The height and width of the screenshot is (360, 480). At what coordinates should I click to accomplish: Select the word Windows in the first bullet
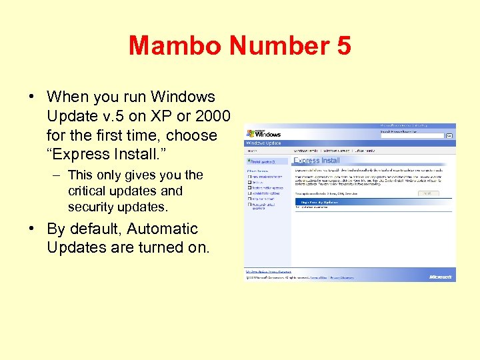tap(183, 97)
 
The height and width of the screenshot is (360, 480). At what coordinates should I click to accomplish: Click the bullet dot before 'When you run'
tap(32, 97)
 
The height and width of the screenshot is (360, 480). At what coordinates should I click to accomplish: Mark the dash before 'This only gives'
tap(58, 175)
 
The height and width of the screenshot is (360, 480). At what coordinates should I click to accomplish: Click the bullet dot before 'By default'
tap(32, 229)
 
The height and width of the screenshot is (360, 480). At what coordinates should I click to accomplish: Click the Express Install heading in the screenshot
tap(317, 161)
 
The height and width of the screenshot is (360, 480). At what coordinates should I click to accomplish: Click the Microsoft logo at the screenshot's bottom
tap(441, 277)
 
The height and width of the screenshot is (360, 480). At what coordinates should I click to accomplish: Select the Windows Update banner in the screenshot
tap(264, 143)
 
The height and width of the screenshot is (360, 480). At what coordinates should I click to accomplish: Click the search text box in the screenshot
tap(411, 135)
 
